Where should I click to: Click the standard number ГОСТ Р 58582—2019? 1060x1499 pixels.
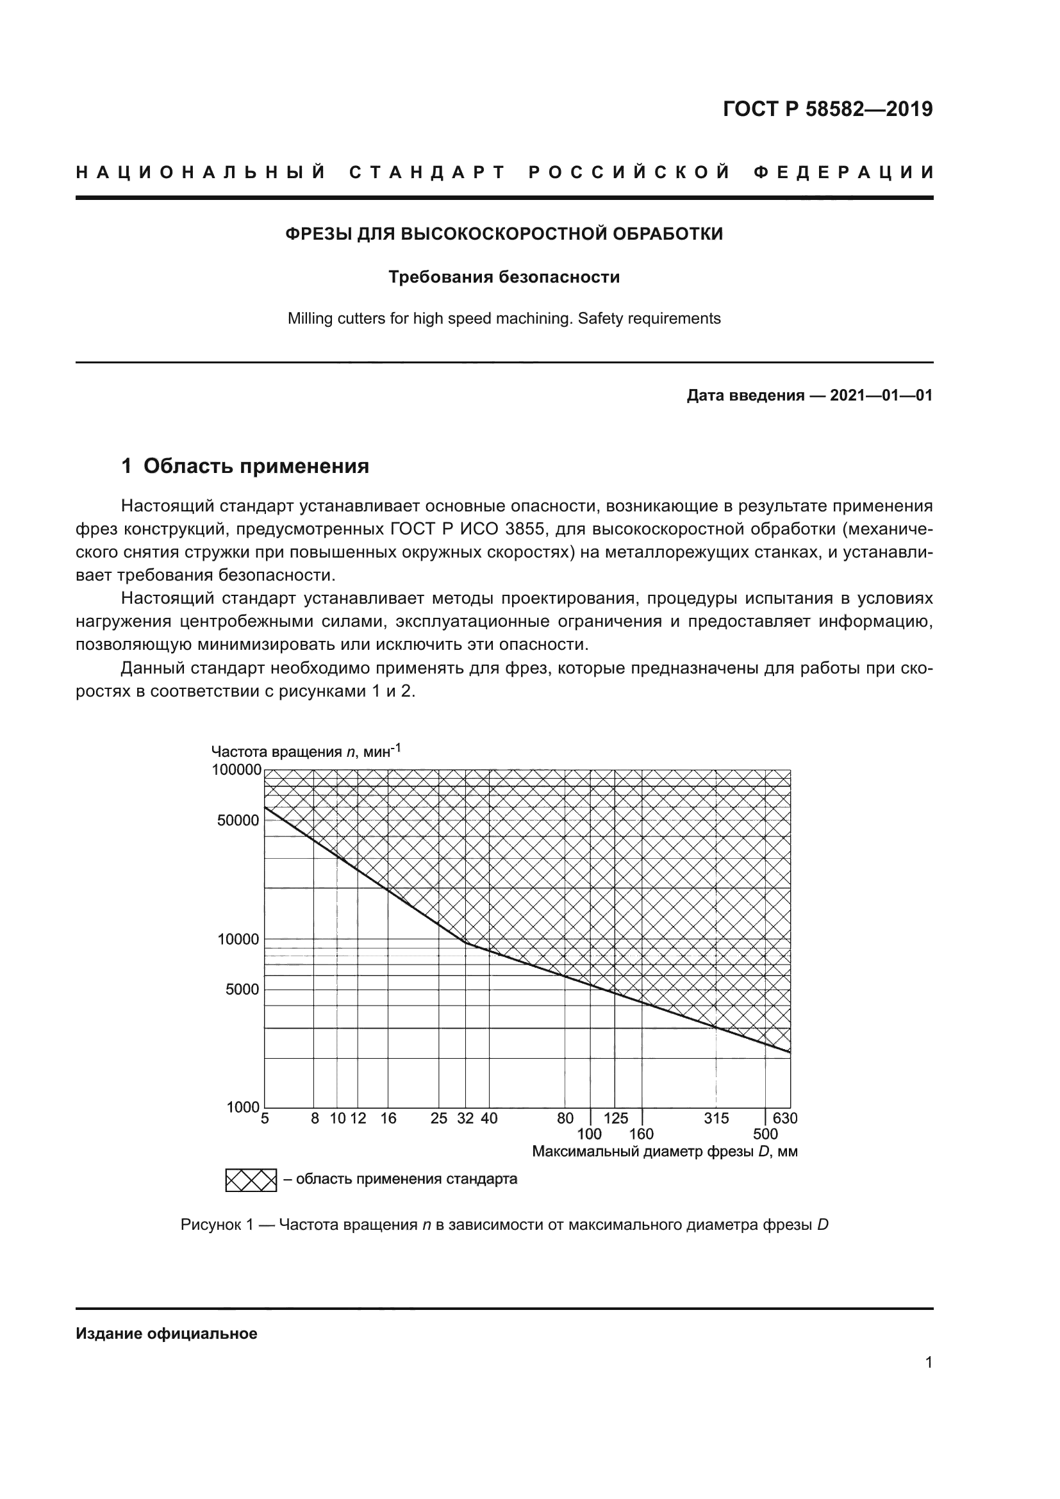[x=827, y=109]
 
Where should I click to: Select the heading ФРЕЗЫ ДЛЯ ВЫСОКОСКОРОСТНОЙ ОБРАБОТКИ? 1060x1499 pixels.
[x=504, y=234]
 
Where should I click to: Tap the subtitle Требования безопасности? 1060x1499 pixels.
[x=504, y=277]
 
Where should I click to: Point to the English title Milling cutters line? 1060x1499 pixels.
[x=504, y=319]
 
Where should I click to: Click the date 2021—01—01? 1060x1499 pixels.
[x=881, y=395]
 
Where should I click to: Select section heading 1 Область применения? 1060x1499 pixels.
[x=245, y=466]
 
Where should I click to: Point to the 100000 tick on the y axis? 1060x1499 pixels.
[x=236, y=770]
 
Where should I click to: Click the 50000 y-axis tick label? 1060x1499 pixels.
[x=238, y=821]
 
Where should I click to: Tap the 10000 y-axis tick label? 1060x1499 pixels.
[x=238, y=940]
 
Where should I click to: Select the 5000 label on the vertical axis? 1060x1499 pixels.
[x=242, y=990]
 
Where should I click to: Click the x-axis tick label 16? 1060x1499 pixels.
[x=388, y=1118]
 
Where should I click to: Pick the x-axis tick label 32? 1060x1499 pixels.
[x=465, y=1118]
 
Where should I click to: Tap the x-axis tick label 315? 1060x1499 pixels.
[x=716, y=1118]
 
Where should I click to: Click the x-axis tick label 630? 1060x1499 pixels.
[x=785, y=1118]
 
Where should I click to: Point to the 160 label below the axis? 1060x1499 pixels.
[x=641, y=1134]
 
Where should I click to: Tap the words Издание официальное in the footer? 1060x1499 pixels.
[x=167, y=1334]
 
